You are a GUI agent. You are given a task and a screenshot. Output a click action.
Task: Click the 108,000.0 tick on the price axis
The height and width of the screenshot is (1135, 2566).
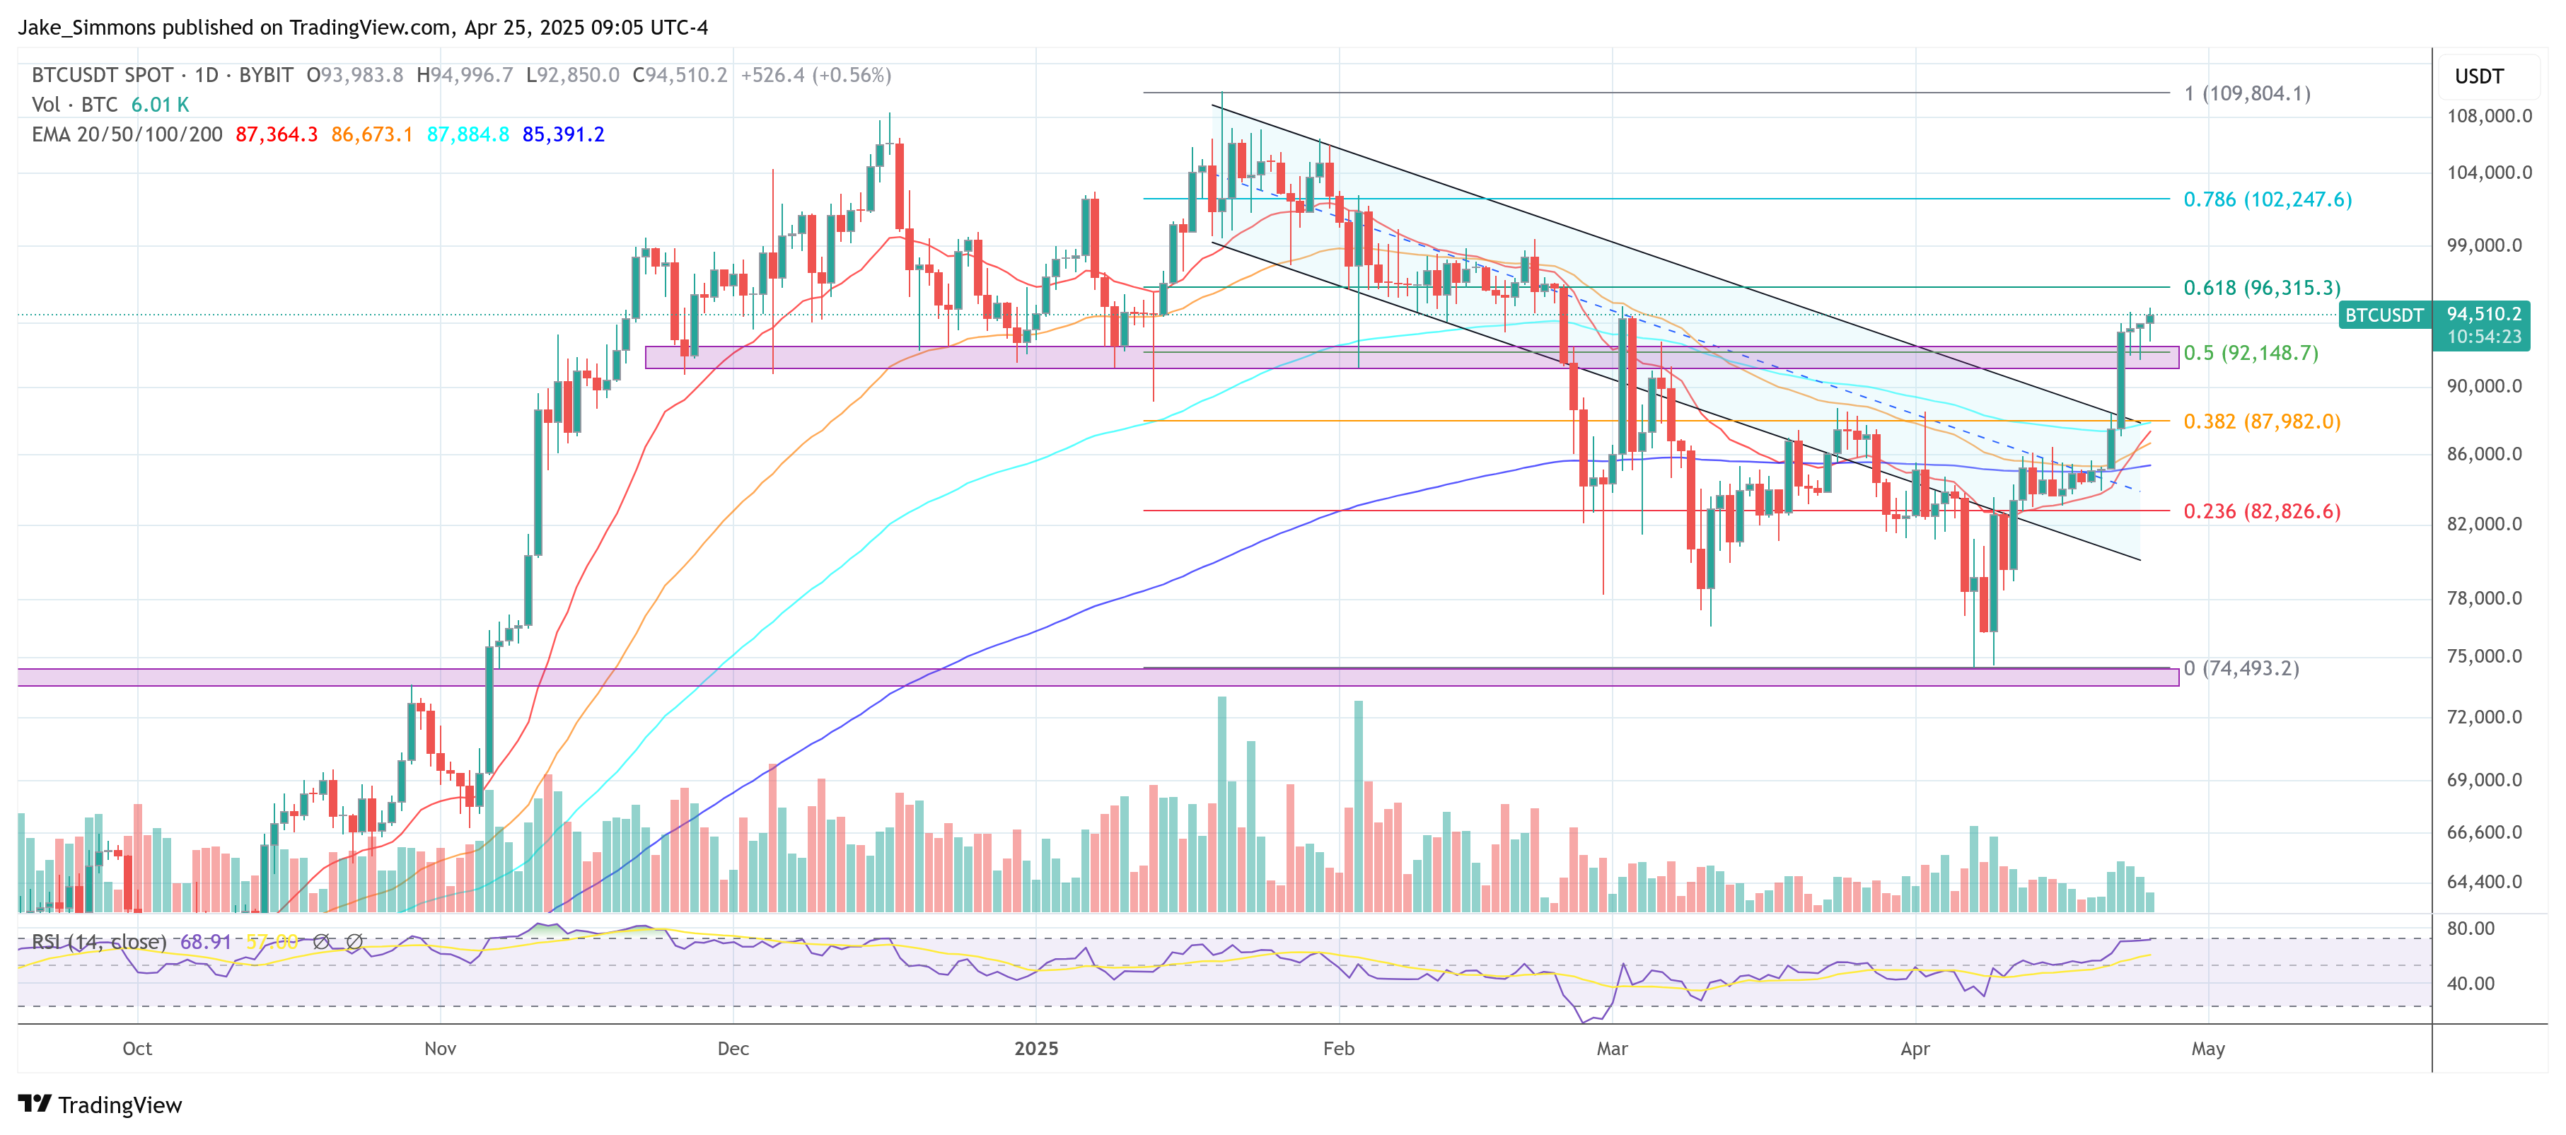(2488, 117)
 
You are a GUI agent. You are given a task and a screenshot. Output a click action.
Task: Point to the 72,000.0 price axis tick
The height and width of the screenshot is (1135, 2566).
(2488, 717)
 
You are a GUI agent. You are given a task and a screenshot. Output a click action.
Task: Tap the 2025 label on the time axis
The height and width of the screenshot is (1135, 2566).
(1036, 1049)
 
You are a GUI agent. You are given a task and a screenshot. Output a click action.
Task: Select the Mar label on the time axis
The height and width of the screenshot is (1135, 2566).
(1612, 1049)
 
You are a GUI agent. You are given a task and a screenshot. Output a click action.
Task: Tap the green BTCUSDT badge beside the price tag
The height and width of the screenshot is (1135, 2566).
(2384, 315)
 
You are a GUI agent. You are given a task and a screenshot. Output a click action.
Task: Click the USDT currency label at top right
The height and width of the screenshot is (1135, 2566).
(2478, 76)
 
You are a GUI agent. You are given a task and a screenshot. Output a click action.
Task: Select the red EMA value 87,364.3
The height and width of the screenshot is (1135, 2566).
(276, 134)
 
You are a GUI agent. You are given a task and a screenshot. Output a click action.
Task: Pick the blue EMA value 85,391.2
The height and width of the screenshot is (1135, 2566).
(563, 134)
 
